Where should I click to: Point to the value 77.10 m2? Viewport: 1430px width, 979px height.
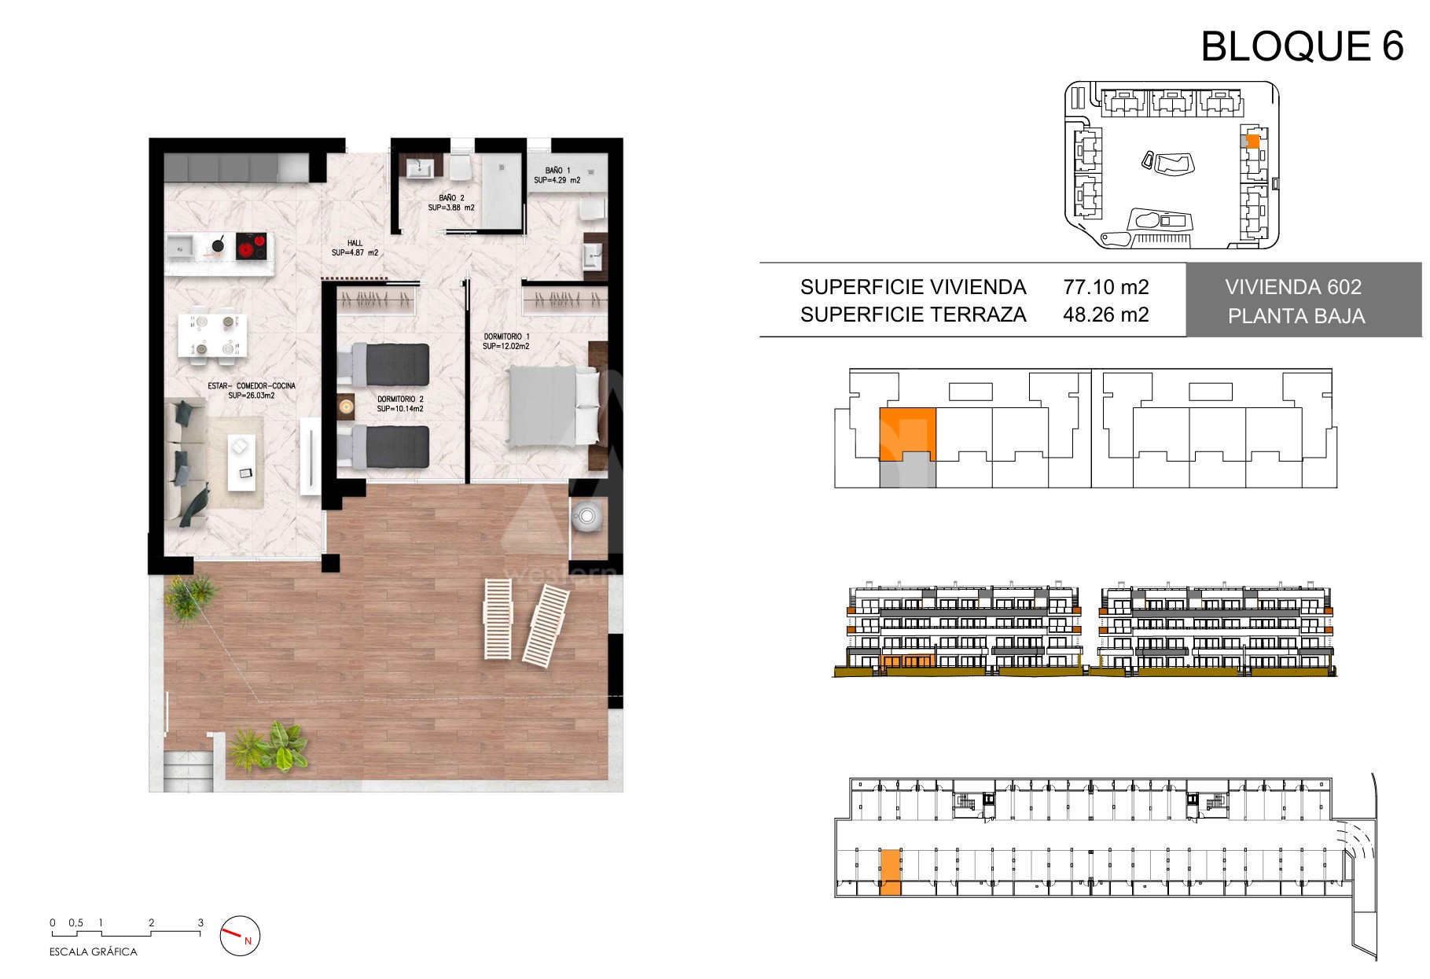pos(1106,287)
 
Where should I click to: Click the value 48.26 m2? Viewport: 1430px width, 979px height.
pos(1106,315)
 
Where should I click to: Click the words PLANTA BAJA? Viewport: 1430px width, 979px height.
pos(1296,316)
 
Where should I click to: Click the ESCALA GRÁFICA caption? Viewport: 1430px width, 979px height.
pos(94,951)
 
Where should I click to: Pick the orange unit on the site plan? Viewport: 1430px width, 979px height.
pos(1253,142)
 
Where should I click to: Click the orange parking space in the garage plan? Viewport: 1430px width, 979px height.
pos(890,872)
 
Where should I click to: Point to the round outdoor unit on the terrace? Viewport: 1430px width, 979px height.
pos(586,517)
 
